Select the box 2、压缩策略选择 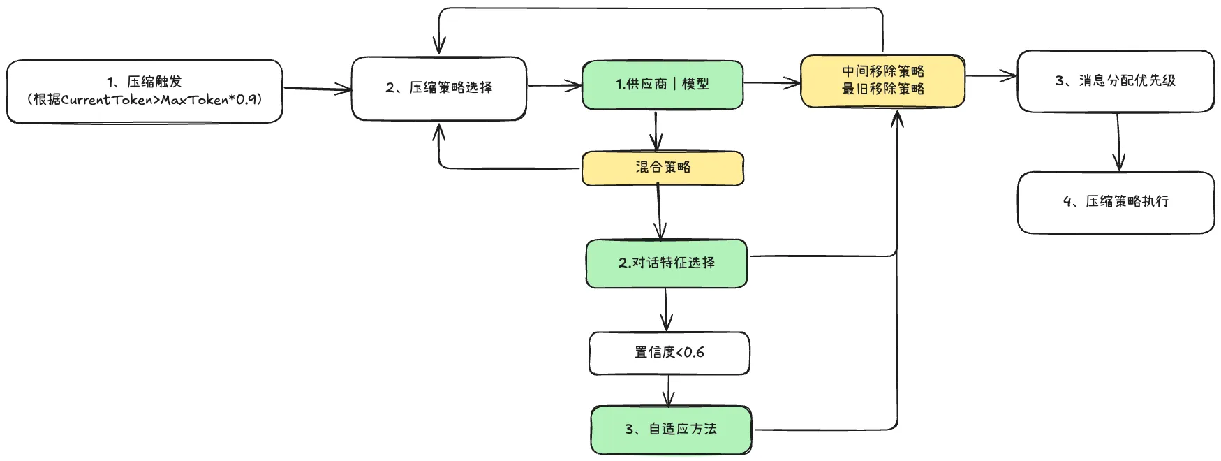click(x=438, y=88)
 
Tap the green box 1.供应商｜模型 click(x=662, y=85)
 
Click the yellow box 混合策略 click(x=663, y=168)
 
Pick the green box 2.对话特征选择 click(x=666, y=263)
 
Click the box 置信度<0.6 click(x=669, y=353)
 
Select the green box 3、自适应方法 click(x=671, y=429)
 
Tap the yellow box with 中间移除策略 click(x=882, y=71)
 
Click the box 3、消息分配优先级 click(x=1115, y=81)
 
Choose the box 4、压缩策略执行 click(x=1116, y=202)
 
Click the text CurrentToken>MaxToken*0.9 click(x=161, y=100)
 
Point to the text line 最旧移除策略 click(x=882, y=89)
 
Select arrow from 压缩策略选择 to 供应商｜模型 click(x=554, y=86)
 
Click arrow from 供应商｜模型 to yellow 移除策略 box click(x=771, y=83)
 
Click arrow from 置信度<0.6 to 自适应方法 click(x=669, y=390)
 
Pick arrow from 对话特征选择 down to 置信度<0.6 click(x=666, y=309)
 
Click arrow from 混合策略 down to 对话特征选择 click(x=660, y=212)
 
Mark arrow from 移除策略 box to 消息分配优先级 click(x=991, y=76)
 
